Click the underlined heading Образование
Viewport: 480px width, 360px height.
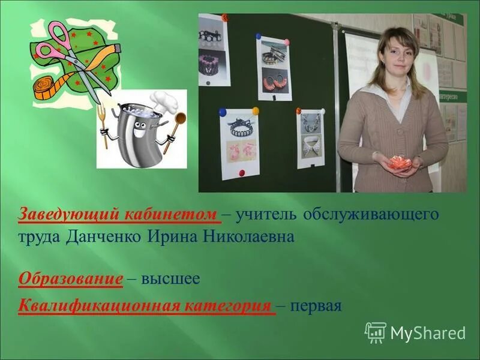coord(71,279)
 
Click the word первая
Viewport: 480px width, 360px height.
coord(316,307)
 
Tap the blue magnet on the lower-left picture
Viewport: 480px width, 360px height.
coord(222,112)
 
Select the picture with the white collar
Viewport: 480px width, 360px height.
coord(311,138)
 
